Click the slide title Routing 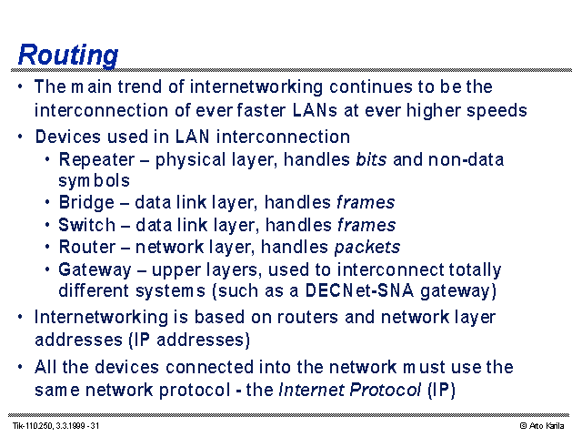tap(68, 56)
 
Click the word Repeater tap(96, 160)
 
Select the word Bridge tap(86, 203)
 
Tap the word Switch tap(87, 225)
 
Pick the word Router tap(87, 247)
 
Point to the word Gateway tap(95, 270)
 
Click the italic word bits tap(371, 159)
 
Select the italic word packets tap(367, 248)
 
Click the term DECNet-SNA tap(359, 290)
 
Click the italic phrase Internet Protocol tap(350, 390)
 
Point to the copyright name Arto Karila tap(547, 426)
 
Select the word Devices tap(68, 137)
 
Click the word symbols tap(94, 181)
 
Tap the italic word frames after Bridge tap(366, 202)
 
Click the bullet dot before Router tap(47, 247)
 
